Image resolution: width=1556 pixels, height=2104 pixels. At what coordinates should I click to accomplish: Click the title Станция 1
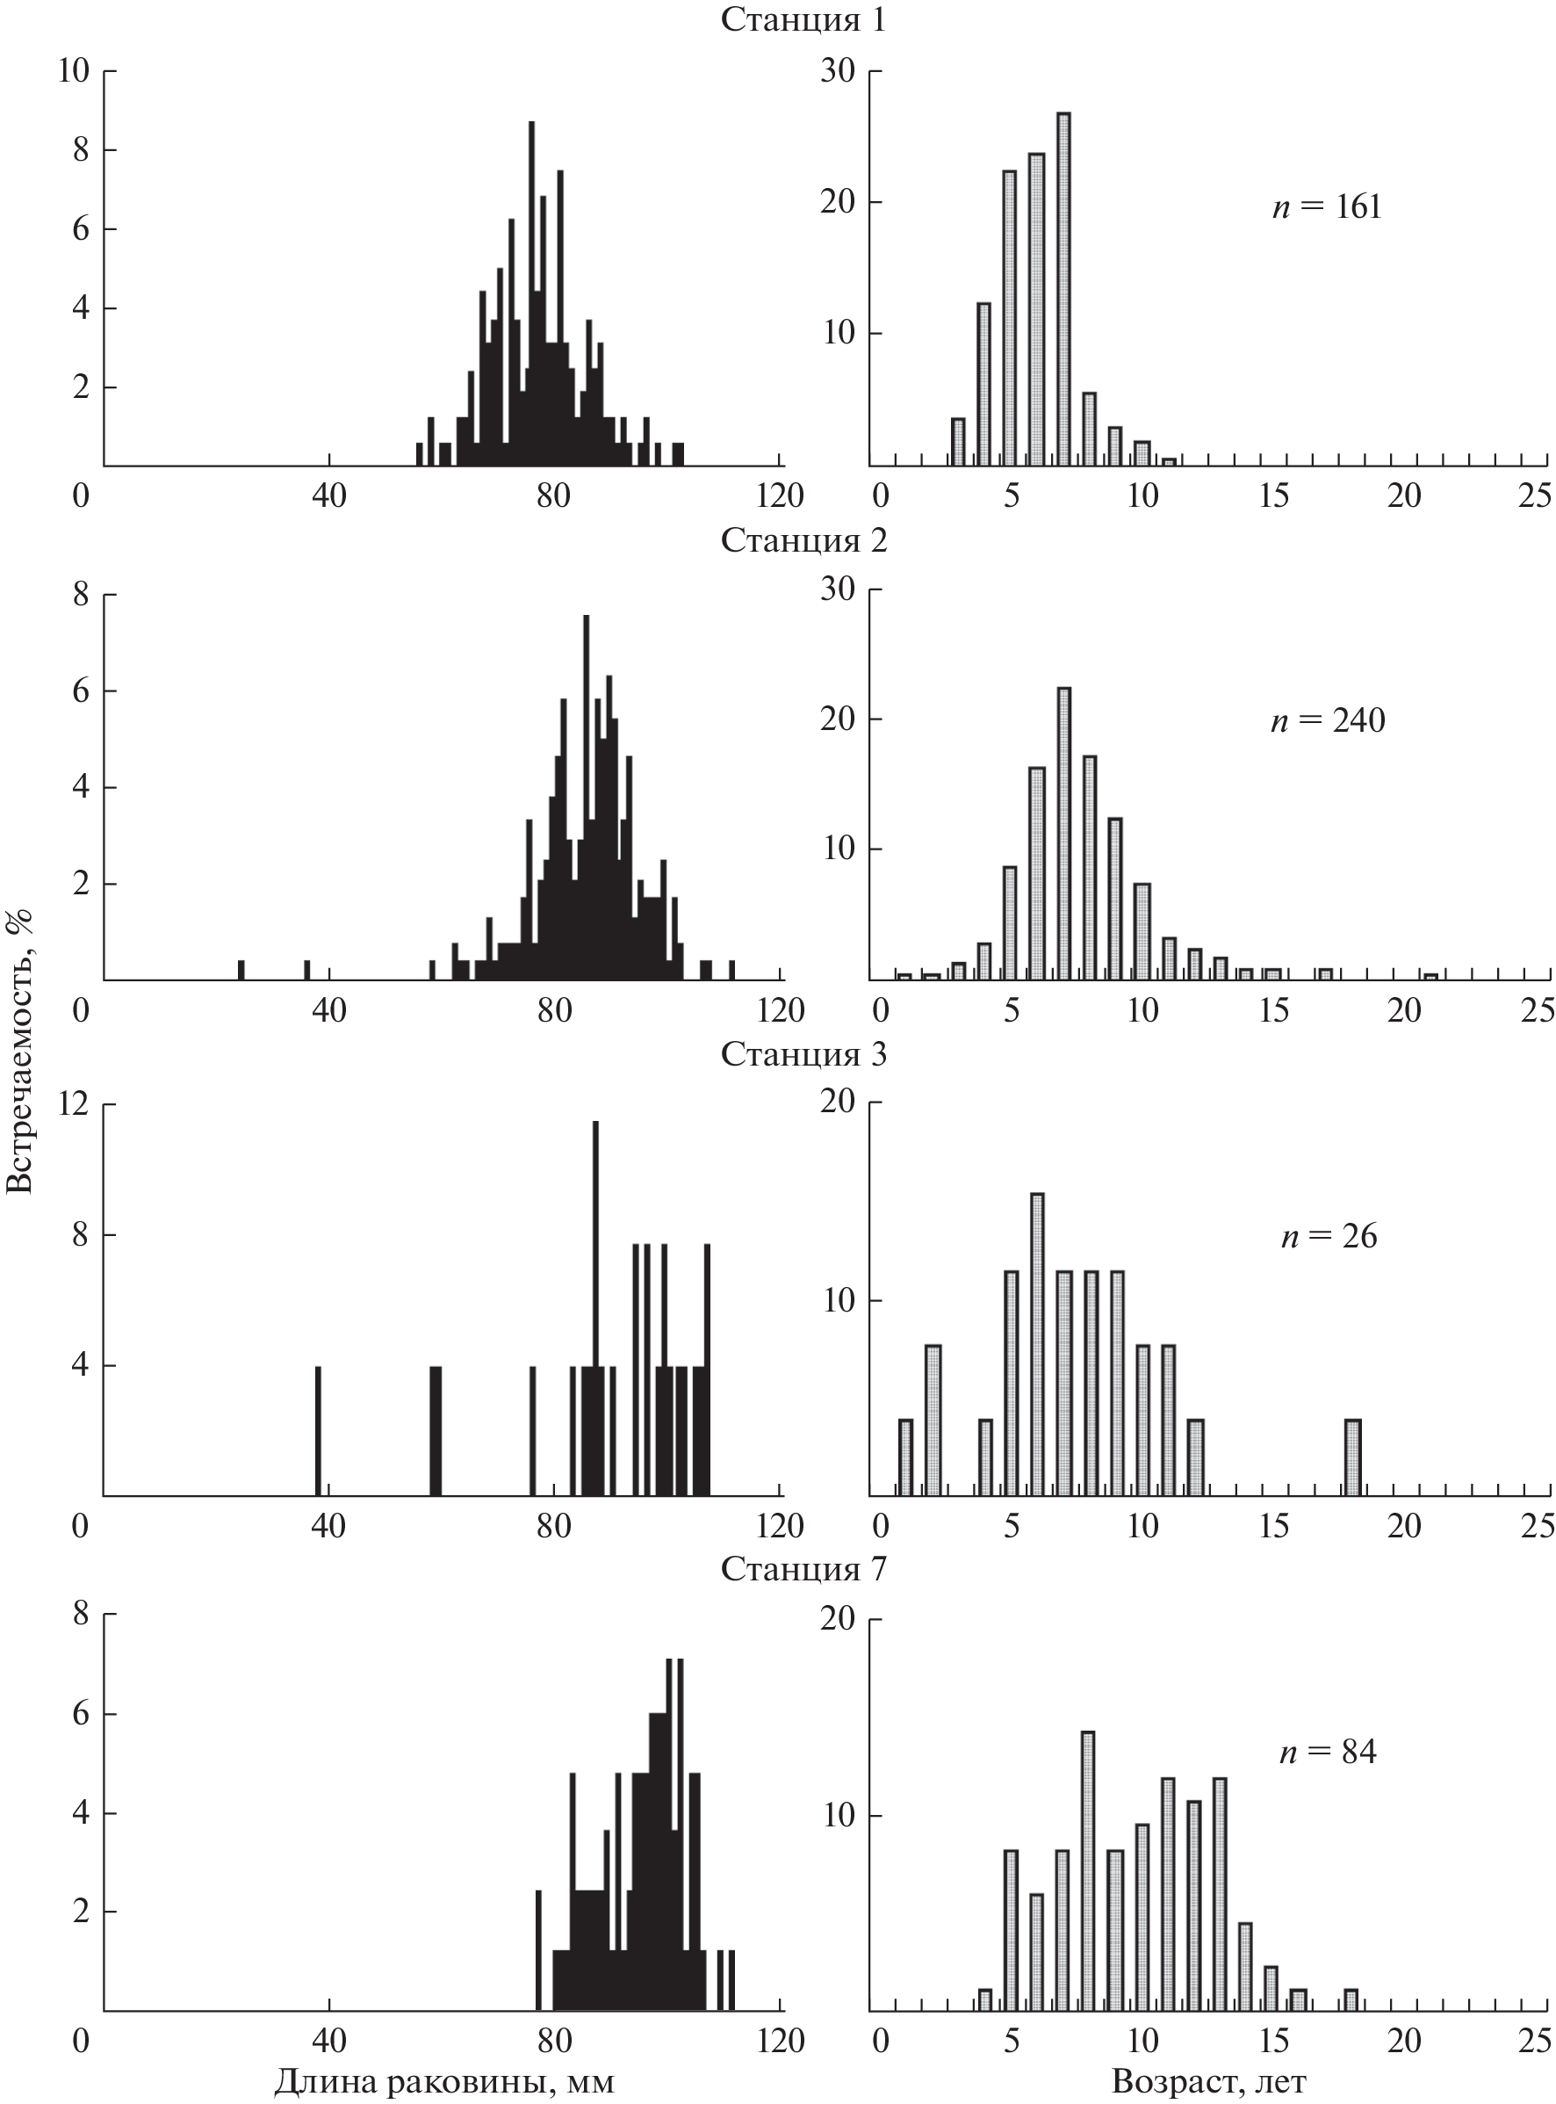[803, 21]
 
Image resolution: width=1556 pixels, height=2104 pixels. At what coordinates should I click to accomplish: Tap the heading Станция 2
[803, 541]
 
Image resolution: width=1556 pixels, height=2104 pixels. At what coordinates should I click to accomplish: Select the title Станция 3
[803, 1054]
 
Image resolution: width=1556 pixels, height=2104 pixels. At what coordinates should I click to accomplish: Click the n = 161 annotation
[1326, 207]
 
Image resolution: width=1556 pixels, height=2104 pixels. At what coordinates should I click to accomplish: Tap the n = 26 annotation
[1328, 1236]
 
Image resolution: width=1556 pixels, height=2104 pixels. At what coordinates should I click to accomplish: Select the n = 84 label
[1327, 1752]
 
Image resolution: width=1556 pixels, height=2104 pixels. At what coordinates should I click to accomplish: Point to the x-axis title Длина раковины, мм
[443, 2080]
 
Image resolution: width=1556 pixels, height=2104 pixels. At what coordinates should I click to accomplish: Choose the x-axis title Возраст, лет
[1208, 2080]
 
